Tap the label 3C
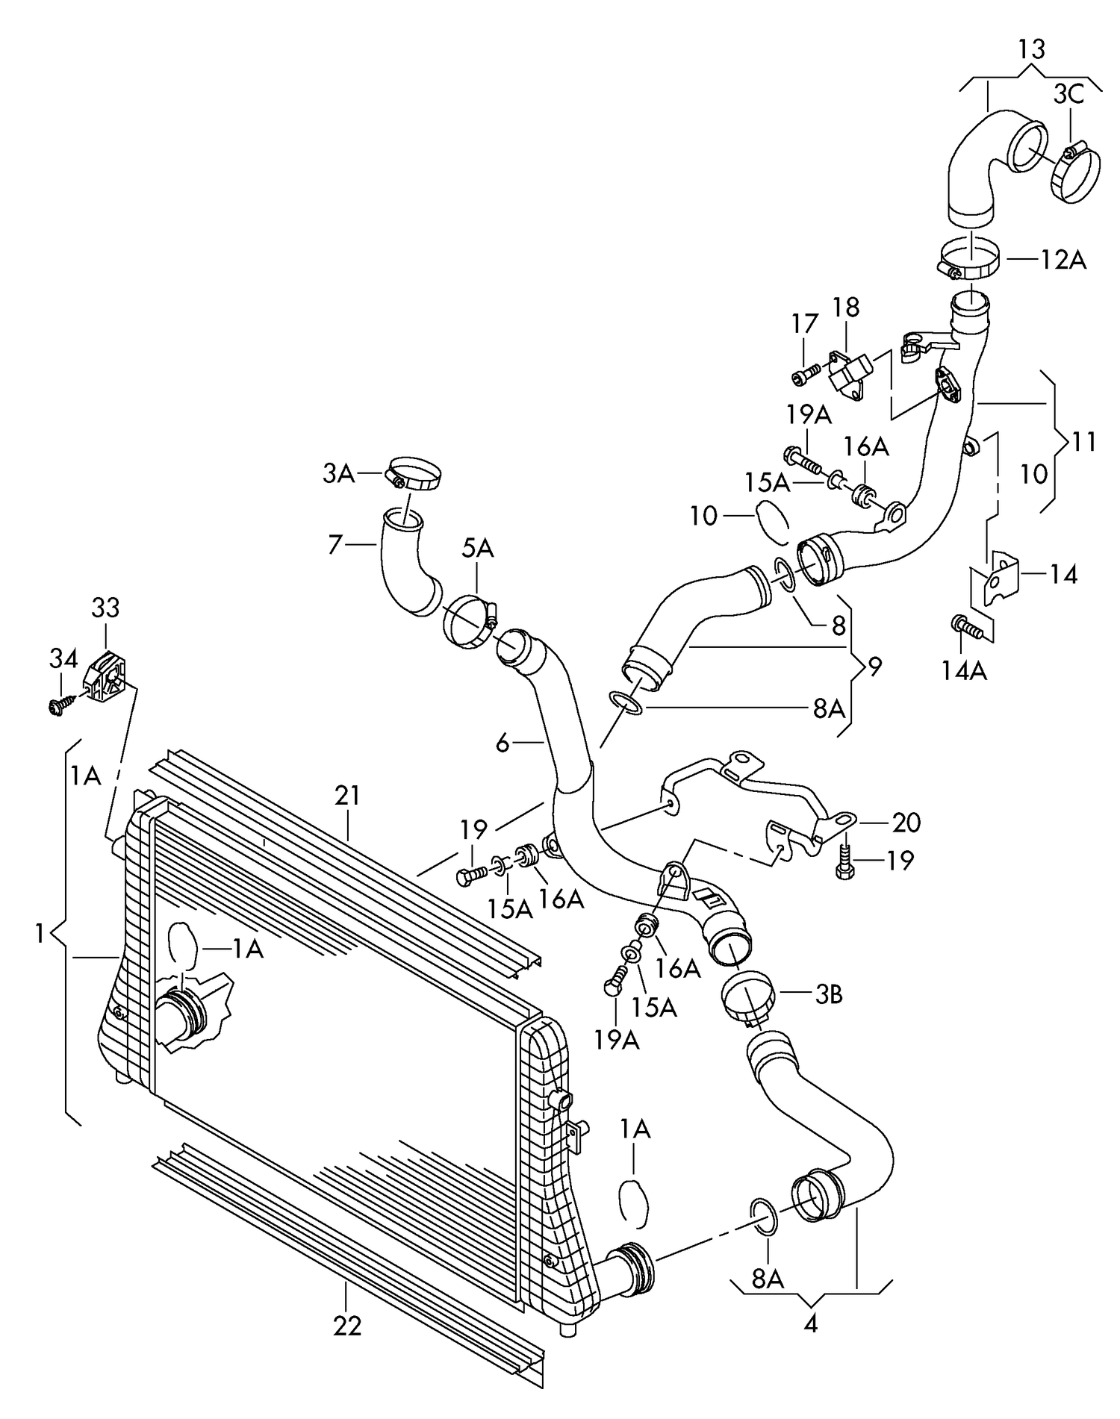pyautogui.click(x=1068, y=94)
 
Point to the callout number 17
pyautogui.click(x=805, y=323)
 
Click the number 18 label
pyautogui.click(x=846, y=307)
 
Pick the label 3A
pyautogui.click(x=338, y=473)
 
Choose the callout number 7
pyautogui.click(x=335, y=545)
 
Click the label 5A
pyautogui.click(x=477, y=548)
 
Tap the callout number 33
pyautogui.click(x=105, y=608)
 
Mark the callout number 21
pyautogui.click(x=347, y=796)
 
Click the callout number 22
pyautogui.click(x=347, y=1326)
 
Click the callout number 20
pyautogui.click(x=906, y=822)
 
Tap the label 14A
pyautogui.click(x=964, y=671)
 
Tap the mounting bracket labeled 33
pyautogui.click(x=107, y=677)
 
